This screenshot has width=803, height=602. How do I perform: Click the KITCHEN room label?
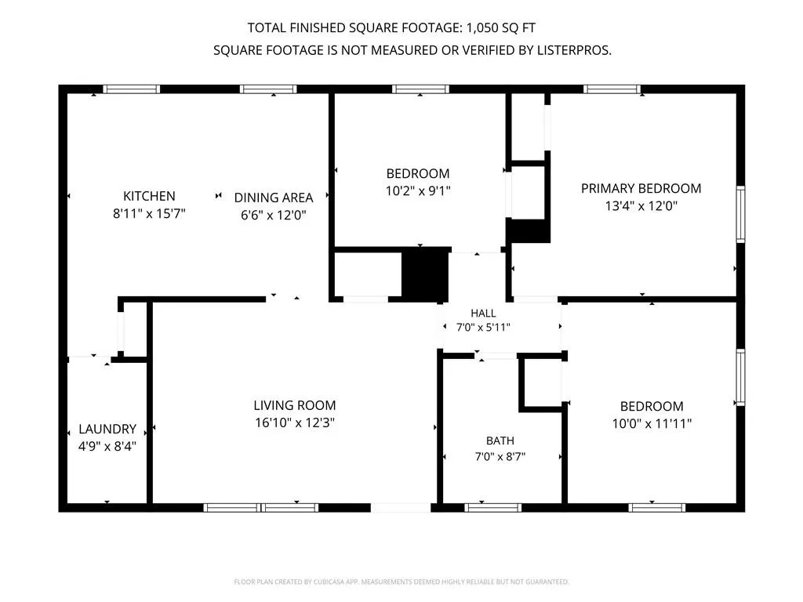149,196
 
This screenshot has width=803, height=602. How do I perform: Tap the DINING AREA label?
274,198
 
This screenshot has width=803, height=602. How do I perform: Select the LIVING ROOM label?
295,405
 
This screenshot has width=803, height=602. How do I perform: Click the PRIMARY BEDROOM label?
641,188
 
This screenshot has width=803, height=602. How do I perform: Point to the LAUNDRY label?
107,429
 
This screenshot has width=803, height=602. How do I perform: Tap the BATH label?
500,441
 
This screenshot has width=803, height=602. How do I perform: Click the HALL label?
483,314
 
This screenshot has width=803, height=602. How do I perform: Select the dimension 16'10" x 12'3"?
295,422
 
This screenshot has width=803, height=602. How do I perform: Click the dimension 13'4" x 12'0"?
641,206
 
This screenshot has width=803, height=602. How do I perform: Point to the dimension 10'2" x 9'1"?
418,191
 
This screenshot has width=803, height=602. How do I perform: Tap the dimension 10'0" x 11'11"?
652,424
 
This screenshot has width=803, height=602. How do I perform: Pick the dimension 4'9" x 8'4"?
107,446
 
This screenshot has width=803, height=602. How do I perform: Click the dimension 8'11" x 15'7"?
149,213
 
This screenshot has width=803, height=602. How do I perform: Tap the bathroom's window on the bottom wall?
493,508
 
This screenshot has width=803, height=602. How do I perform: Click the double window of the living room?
261,508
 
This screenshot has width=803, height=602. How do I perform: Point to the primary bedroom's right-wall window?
740,214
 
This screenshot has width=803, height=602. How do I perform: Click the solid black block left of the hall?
425,275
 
